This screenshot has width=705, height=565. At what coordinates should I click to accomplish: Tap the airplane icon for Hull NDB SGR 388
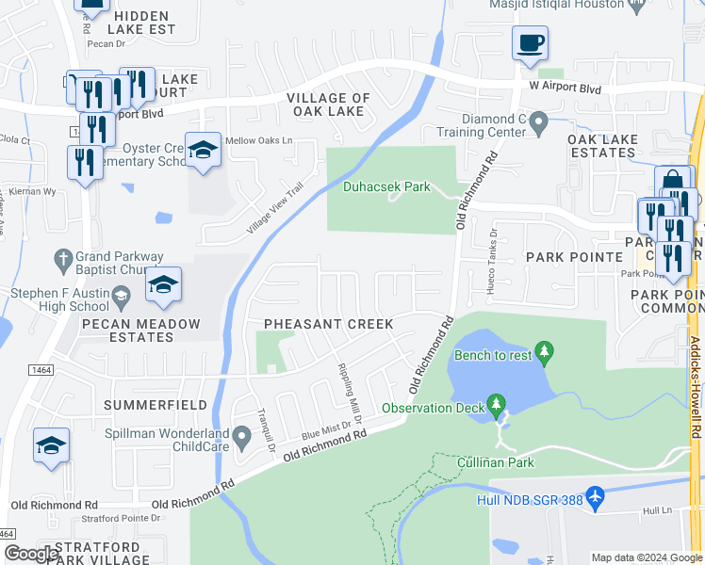(594, 494)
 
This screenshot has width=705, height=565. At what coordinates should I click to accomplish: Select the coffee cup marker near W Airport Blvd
(530, 42)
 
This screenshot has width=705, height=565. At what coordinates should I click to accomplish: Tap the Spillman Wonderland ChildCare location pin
(242, 434)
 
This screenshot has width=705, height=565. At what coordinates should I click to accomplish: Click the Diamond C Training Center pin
(538, 121)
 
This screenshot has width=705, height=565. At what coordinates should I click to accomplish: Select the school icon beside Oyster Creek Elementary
(203, 150)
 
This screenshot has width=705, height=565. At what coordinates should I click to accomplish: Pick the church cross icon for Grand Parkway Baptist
(63, 258)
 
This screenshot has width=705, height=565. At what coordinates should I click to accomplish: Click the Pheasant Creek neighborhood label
(328, 323)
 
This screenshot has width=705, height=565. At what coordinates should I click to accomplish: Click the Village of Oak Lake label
(328, 105)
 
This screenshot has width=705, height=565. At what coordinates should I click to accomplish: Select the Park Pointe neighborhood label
(575, 256)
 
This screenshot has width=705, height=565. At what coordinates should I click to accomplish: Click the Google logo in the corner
(31, 554)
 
